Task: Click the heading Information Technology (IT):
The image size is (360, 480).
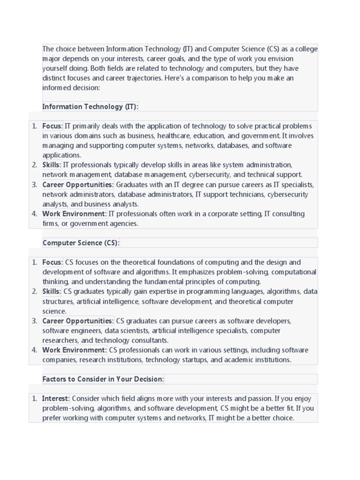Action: click(x=90, y=106)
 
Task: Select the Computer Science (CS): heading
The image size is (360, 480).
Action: click(x=81, y=243)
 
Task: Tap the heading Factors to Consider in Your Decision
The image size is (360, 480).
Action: click(x=103, y=379)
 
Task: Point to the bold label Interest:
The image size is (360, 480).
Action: click(x=56, y=398)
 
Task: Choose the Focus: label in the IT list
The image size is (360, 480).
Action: click(x=52, y=126)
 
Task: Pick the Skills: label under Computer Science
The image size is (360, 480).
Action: click(x=52, y=292)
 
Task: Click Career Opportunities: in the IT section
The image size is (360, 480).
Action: click(x=78, y=185)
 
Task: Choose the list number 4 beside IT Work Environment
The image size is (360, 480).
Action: click(x=34, y=214)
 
